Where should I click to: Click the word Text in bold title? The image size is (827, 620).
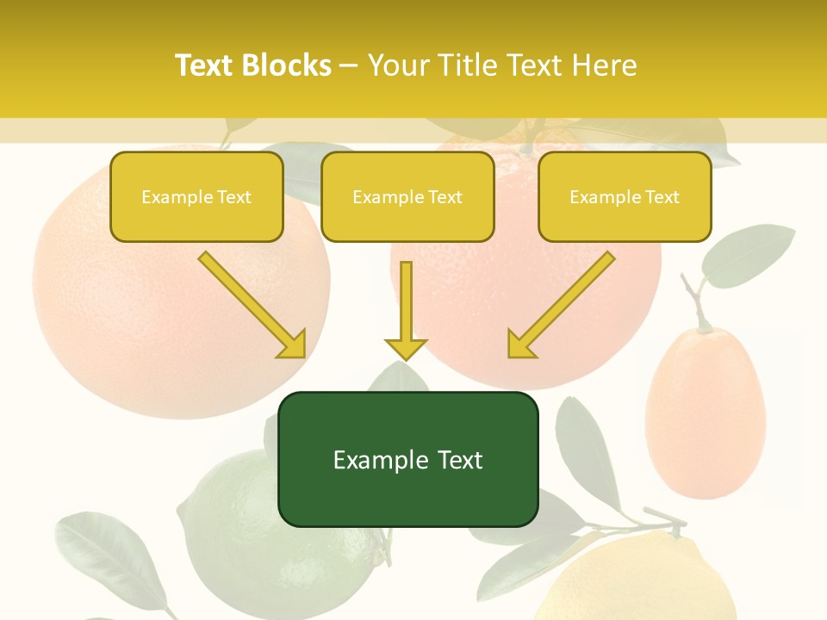pyautogui.click(x=204, y=65)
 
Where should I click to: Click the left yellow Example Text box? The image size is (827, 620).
pyautogui.click(x=196, y=197)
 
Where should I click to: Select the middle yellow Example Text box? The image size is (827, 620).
pyautogui.click(x=407, y=197)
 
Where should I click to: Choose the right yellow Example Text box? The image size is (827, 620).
pyautogui.click(x=625, y=197)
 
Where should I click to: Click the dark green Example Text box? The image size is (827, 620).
pyautogui.click(x=407, y=460)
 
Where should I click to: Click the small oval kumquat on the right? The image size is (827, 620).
pyautogui.click(x=706, y=413)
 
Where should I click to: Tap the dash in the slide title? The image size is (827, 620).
pyautogui.click(x=349, y=66)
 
